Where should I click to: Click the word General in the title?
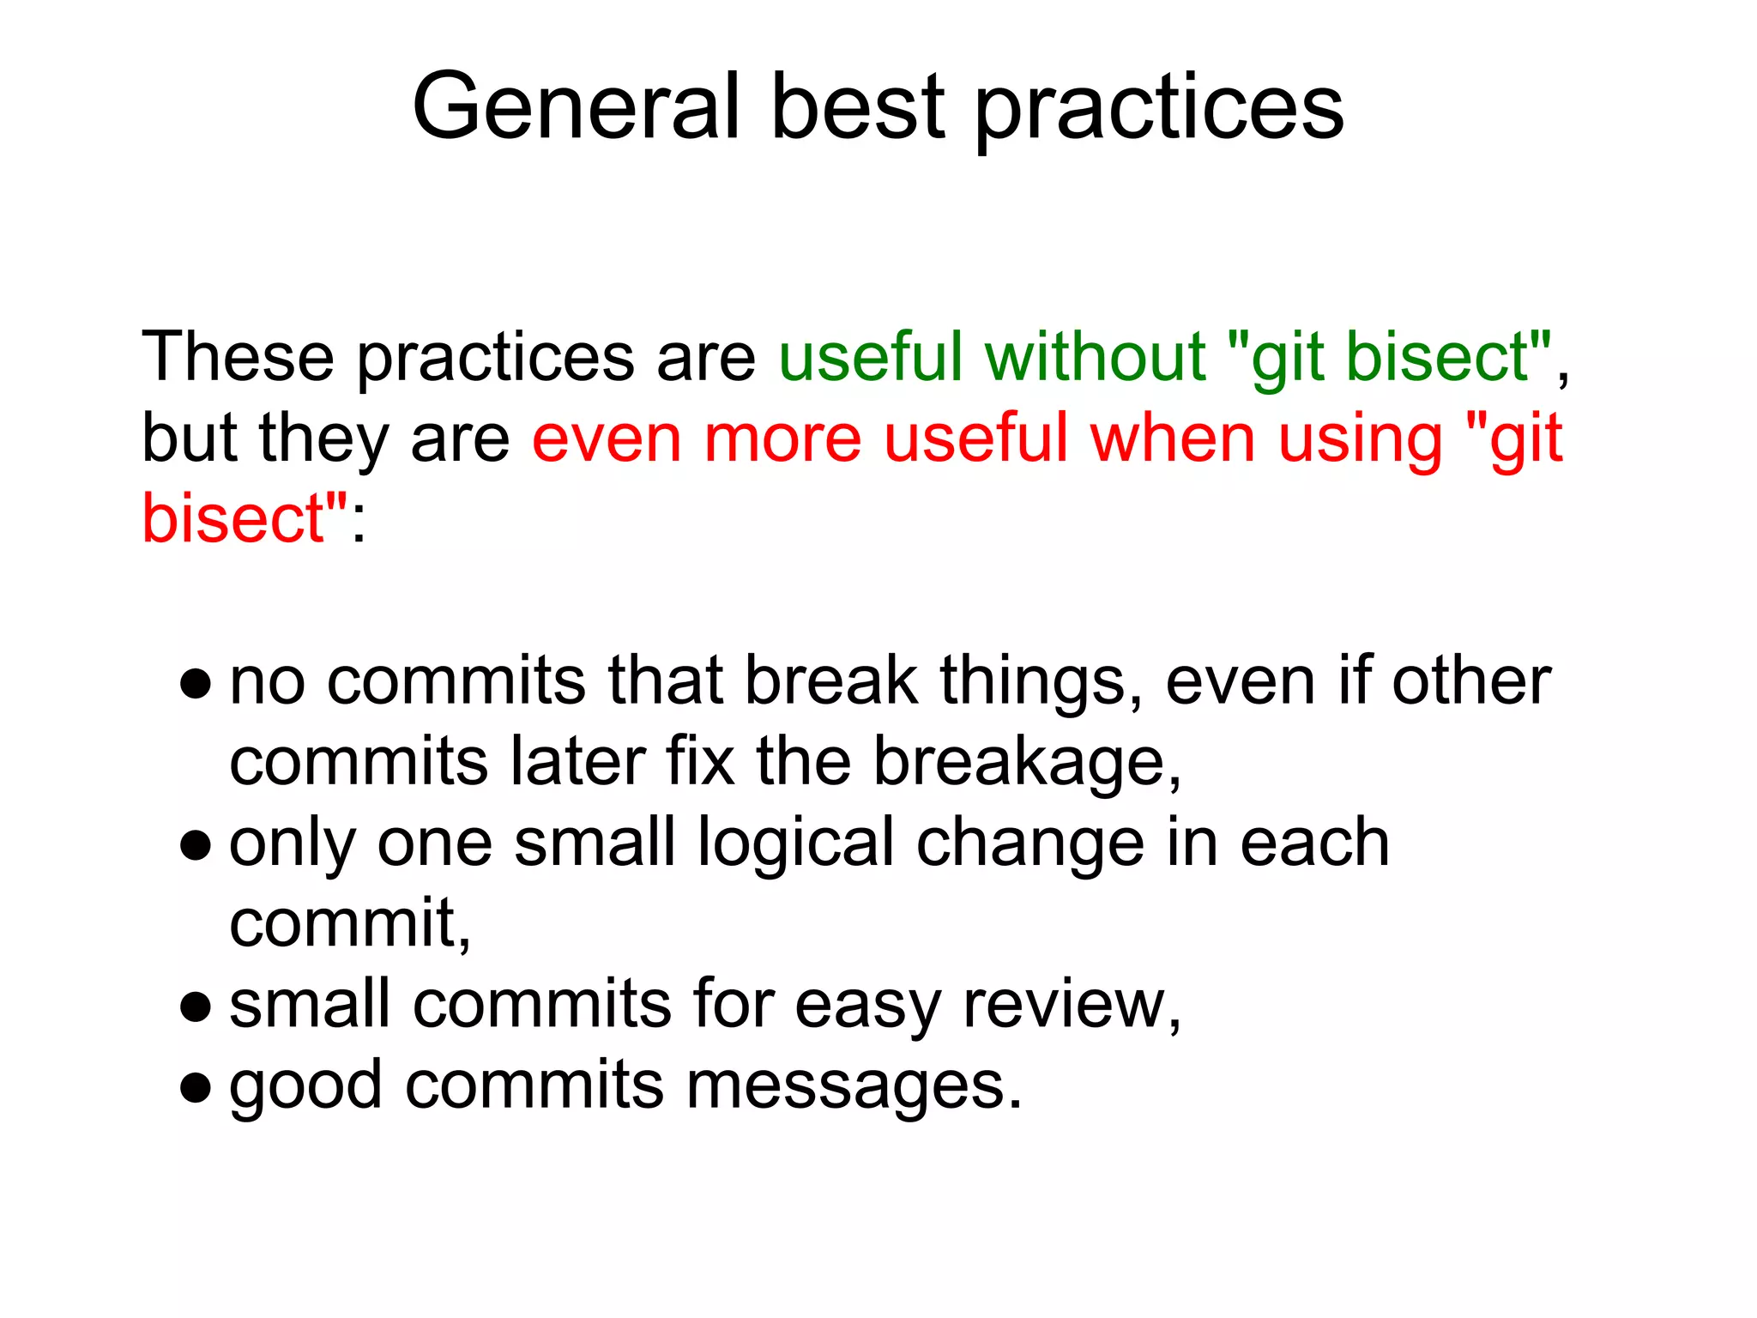(x=576, y=106)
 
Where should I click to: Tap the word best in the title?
(x=857, y=106)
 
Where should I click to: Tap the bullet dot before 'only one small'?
(x=196, y=845)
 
